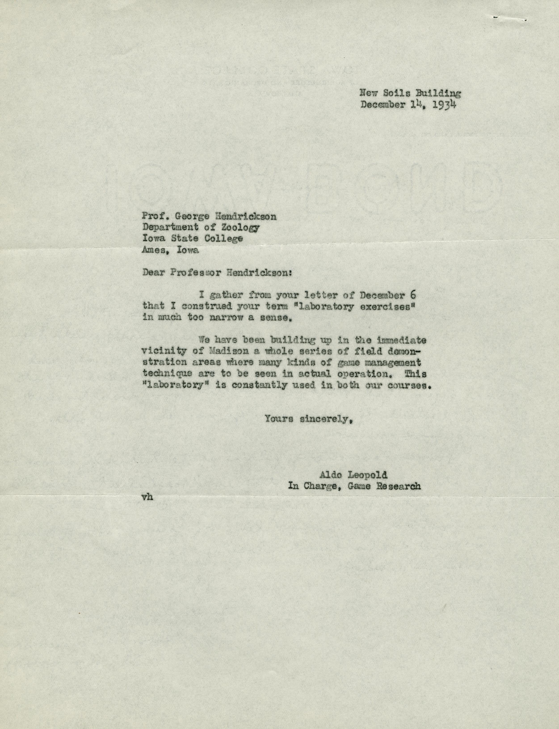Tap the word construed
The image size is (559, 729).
[198, 306]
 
